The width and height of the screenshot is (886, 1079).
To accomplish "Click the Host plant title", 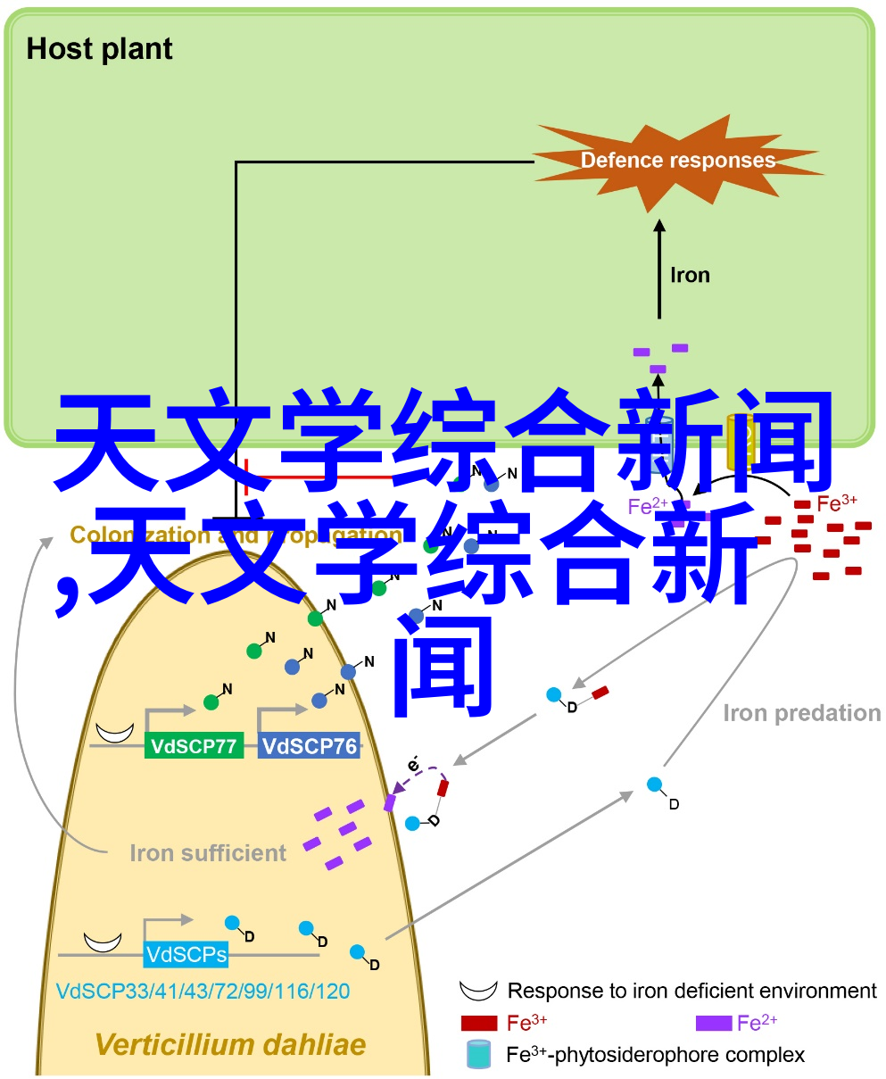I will point(99,49).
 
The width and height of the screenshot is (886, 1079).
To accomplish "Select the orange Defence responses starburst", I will point(678,161).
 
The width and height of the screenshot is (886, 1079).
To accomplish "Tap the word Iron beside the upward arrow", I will point(690,275).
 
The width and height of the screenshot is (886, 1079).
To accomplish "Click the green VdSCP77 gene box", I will point(194,746).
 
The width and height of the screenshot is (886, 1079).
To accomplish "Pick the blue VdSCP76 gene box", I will point(309,746).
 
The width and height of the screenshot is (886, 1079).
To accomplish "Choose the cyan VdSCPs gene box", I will point(186,954).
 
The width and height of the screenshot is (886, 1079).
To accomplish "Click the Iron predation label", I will point(801,713).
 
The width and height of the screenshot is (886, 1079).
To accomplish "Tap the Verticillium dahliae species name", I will point(230,1044).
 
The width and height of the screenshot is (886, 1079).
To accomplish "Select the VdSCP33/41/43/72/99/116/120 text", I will point(203,991).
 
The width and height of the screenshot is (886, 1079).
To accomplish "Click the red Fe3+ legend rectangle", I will point(479,1023).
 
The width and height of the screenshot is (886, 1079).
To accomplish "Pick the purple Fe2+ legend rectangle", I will point(713,1023).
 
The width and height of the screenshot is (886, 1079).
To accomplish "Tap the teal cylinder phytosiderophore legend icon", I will point(479,1055).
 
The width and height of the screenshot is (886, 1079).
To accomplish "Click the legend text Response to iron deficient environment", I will point(691,991).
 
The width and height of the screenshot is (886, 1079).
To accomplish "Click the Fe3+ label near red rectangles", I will point(836,503).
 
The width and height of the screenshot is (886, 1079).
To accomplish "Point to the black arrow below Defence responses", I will point(660,268).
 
